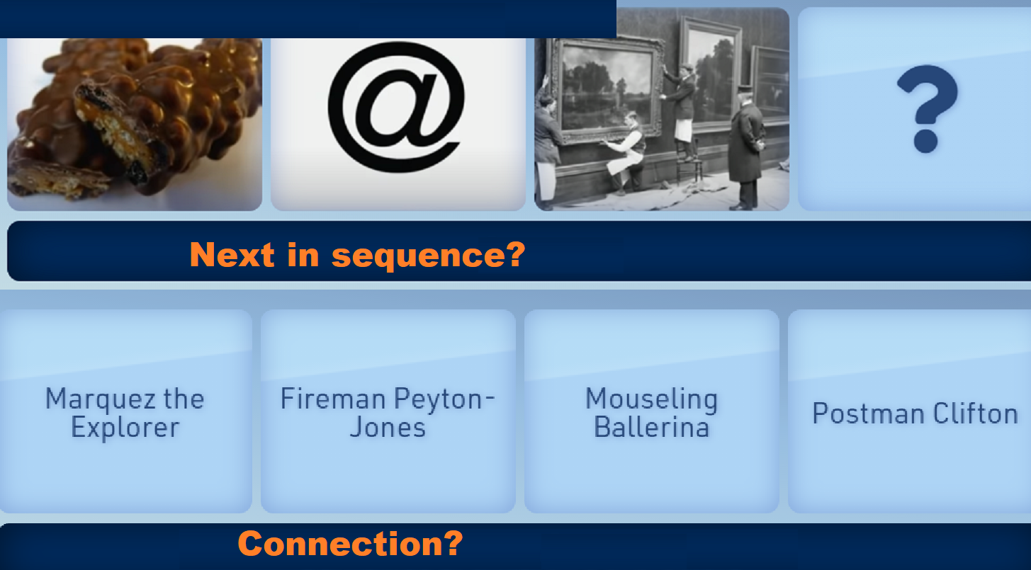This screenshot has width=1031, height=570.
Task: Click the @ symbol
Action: point(396,107)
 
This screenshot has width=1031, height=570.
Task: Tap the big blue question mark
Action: point(927,108)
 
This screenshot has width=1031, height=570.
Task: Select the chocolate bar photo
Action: point(135,124)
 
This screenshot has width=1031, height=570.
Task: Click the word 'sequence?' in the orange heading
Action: point(428,256)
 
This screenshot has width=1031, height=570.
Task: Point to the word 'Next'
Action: point(232,254)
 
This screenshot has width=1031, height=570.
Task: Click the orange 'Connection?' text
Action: point(350,543)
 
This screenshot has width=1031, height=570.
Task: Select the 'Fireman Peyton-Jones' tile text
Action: point(388,413)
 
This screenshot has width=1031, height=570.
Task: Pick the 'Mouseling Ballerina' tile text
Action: point(651,413)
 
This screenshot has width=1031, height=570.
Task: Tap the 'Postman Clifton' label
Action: point(915,413)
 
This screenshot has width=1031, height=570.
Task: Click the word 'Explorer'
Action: point(125,428)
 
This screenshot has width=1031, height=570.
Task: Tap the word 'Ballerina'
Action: point(651,427)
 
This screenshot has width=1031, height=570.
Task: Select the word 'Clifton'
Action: point(975,413)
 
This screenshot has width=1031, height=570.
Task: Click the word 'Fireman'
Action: point(333,399)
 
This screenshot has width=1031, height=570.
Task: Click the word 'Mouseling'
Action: point(651,399)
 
